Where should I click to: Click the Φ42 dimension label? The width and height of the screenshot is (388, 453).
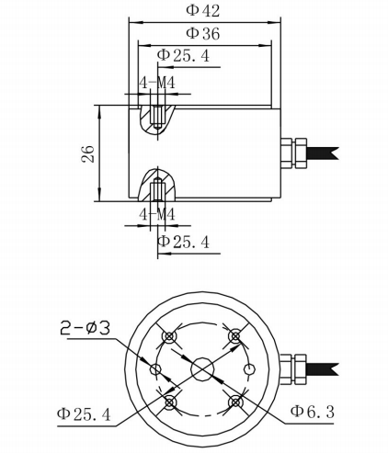(203, 11)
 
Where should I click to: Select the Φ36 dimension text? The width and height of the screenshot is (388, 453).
(203, 33)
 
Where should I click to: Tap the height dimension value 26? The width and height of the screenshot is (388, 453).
(88, 153)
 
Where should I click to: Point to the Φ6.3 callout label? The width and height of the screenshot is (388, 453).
(313, 412)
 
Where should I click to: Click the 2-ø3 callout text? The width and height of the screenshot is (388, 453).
(85, 328)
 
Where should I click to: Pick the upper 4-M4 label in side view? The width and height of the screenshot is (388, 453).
(157, 83)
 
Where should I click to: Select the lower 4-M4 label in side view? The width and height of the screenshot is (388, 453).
(157, 214)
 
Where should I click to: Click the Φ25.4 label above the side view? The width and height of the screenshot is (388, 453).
(183, 56)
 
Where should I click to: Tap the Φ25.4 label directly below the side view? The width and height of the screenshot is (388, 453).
(183, 242)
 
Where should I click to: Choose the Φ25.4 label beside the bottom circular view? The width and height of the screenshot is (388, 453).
(84, 414)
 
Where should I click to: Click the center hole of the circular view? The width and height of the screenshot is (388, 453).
(202, 368)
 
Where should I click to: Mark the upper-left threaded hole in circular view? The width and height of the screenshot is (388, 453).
(169, 336)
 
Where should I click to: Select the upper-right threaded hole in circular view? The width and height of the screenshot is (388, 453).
(235, 336)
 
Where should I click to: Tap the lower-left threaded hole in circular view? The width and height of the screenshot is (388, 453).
(170, 402)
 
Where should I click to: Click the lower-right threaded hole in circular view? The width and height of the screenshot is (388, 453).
(235, 402)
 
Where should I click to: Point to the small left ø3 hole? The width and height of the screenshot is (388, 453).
(155, 369)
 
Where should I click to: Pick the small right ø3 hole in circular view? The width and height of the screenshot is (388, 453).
(249, 368)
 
